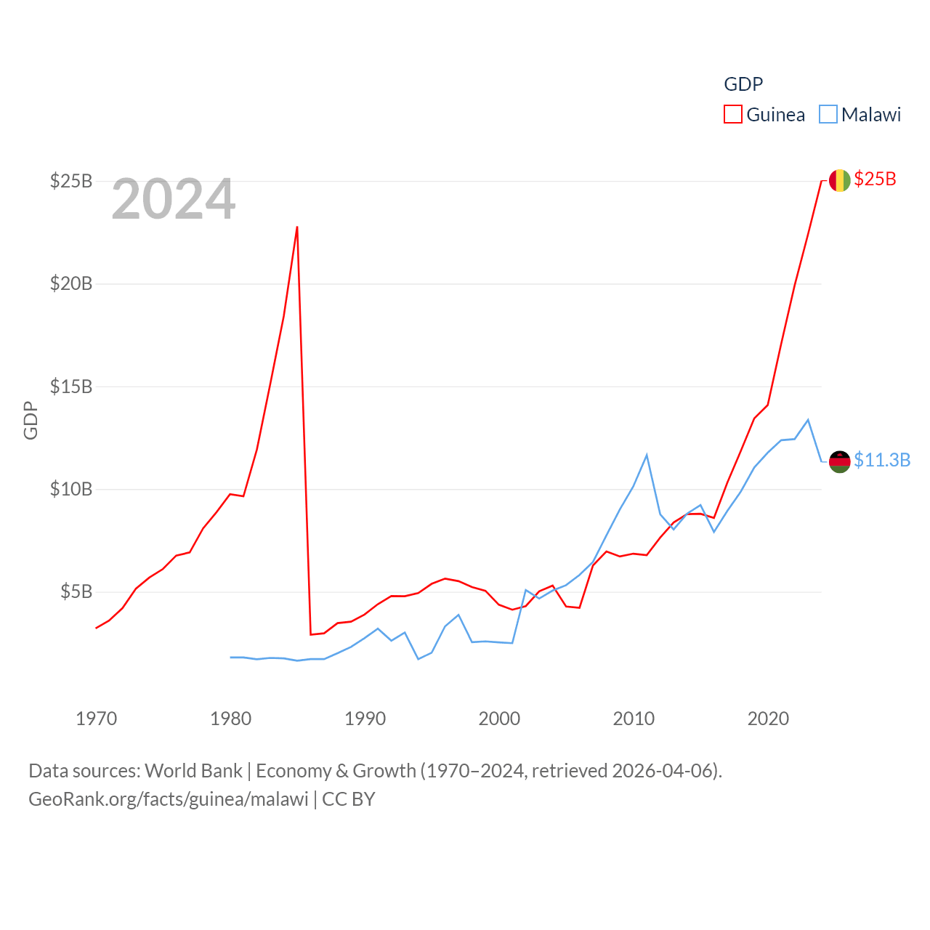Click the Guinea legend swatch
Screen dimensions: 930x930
coord(733,115)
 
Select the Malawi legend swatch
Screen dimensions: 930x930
coord(828,115)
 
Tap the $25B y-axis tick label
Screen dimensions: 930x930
coord(71,181)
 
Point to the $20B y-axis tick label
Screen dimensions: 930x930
coord(71,283)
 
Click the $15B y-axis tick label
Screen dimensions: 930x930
coord(71,387)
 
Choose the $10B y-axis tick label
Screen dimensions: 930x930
coord(71,489)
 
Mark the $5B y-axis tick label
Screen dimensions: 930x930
coord(76,591)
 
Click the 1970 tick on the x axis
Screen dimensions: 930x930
coord(97,719)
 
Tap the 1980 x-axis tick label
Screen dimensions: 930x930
coord(230,719)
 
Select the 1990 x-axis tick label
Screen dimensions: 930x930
coord(365,719)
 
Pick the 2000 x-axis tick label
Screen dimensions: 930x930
coord(499,719)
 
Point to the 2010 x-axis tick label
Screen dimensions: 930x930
coord(634,719)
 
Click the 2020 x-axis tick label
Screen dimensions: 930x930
coord(768,719)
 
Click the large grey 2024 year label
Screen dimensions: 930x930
coord(174,199)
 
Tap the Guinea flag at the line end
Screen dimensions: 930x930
coord(839,180)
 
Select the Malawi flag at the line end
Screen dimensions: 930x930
coord(839,461)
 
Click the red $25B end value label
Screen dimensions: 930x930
coord(875,179)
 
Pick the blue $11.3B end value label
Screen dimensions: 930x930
coord(882,460)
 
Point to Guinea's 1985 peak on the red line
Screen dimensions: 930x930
coord(297,227)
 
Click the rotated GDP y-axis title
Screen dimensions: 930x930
coord(31,420)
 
